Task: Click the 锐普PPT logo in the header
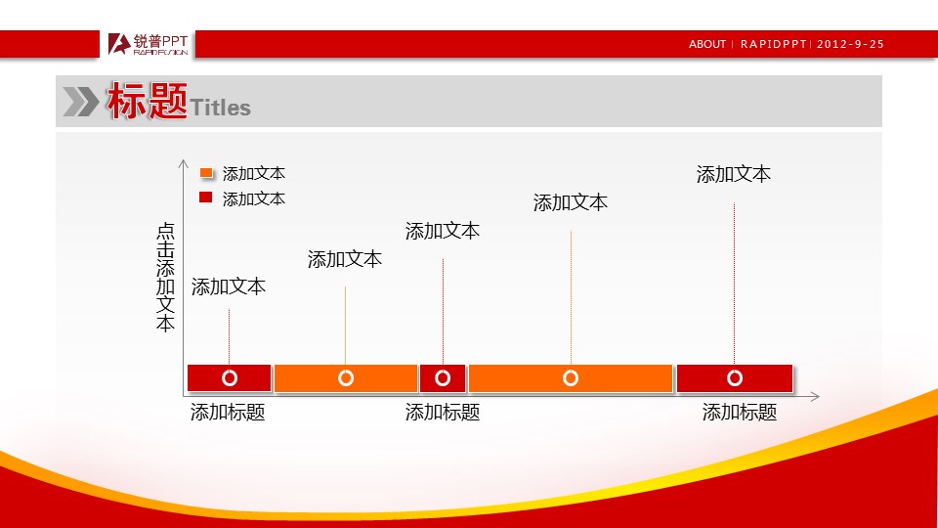tap(148, 44)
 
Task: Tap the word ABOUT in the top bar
tap(707, 44)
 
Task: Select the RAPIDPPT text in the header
tap(774, 44)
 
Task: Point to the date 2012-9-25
tap(850, 44)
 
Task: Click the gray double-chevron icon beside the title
tap(81, 101)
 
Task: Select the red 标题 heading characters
tap(148, 101)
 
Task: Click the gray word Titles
tap(220, 108)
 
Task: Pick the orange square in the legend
tap(206, 172)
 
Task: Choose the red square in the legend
tap(206, 197)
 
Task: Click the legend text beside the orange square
tap(254, 174)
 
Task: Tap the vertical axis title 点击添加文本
tap(165, 277)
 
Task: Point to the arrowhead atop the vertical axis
tap(183, 163)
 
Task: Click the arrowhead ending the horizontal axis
tap(814, 396)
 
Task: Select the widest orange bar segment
tap(571, 378)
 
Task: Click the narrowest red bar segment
tap(443, 378)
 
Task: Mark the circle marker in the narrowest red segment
tap(443, 378)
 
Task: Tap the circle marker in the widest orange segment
tap(571, 378)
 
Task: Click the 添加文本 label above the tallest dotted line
tap(734, 174)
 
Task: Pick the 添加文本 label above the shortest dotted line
tap(229, 286)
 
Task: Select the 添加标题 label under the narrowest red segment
tap(443, 412)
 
